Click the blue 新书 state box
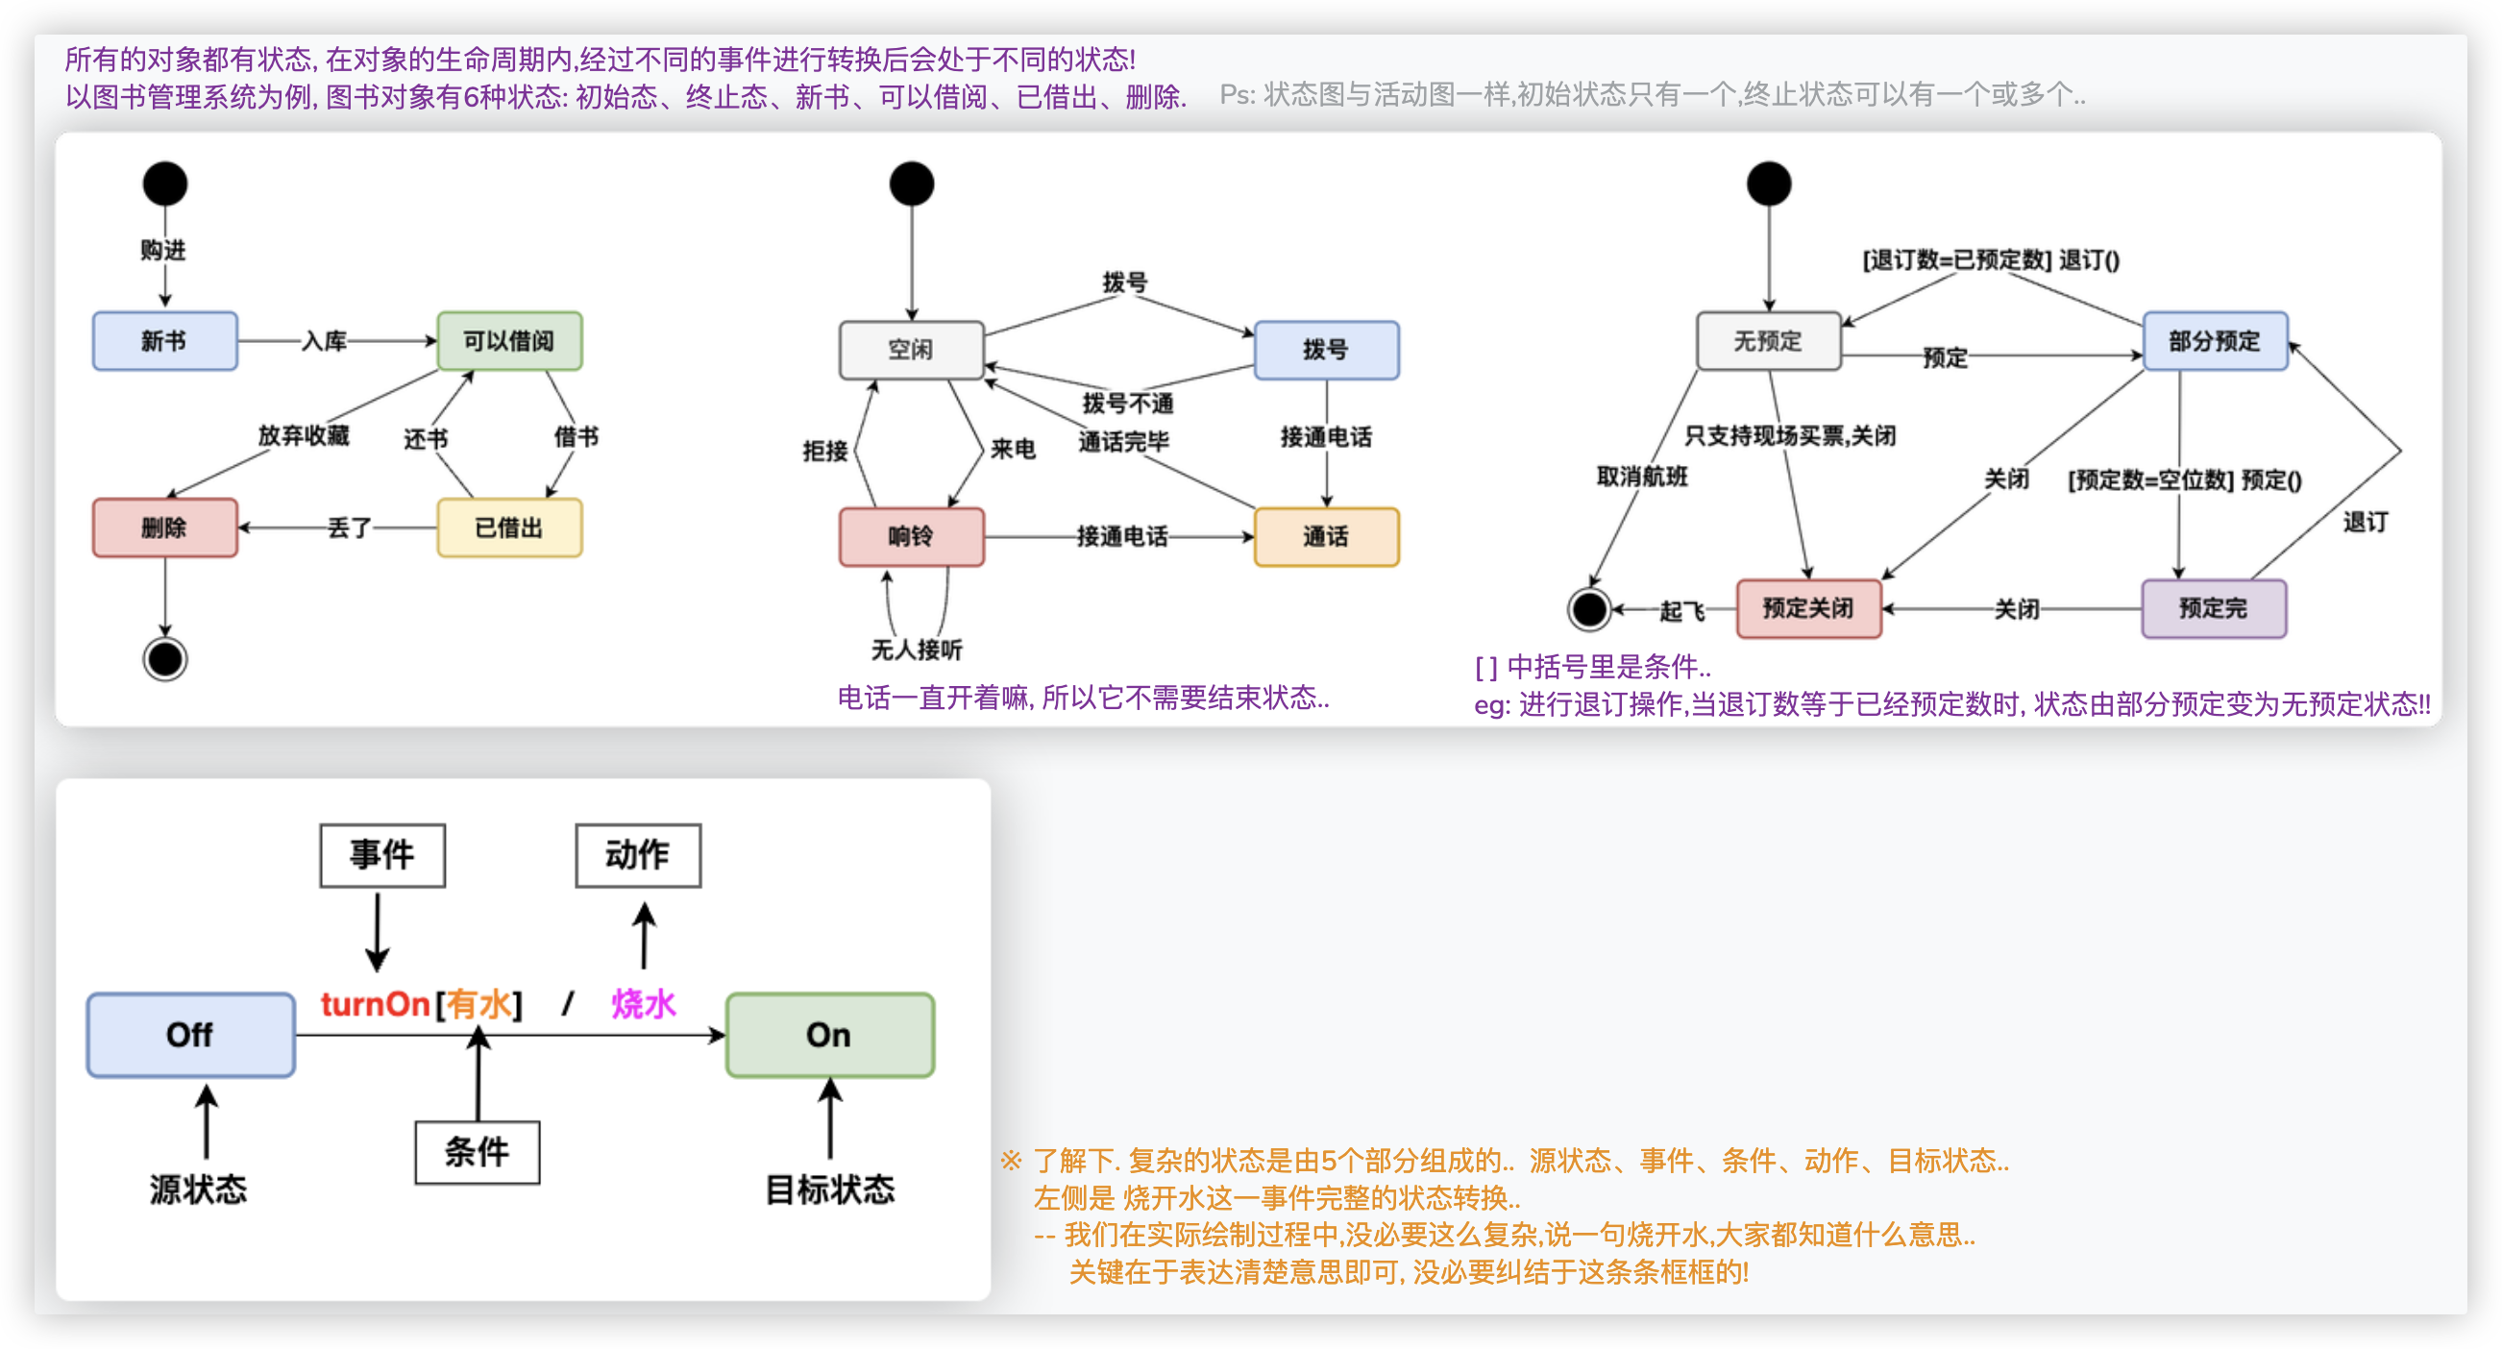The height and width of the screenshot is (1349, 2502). pyautogui.click(x=164, y=341)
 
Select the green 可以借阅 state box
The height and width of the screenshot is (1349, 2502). pyautogui.click(x=509, y=341)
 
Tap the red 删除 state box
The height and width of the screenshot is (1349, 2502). pyautogui.click(x=164, y=527)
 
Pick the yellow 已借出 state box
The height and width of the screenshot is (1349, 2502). pyautogui.click(x=509, y=527)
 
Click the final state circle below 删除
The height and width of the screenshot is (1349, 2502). pyautogui.click(x=165, y=659)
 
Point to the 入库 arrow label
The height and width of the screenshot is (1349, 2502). pyautogui.click(x=324, y=341)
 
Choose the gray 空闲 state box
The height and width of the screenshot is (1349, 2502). pyautogui.click(x=911, y=350)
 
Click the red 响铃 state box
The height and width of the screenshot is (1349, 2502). pyautogui.click(x=911, y=536)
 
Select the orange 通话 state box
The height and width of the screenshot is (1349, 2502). pyautogui.click(x=1326, y=536)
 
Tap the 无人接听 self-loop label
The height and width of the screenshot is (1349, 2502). pyautogui.click(x=916, y=649)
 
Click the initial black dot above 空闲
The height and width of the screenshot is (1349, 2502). pyautogui.click(x=911, y=184)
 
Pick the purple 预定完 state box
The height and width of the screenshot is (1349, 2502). pyautogui.click(x=2213, y=609)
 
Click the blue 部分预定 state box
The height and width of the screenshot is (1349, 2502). pyautogui.click(x=2214, y=341)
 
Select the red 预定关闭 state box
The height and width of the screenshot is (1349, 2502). pyautogui.click(x=1807, y=609)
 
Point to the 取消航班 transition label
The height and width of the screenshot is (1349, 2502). pyautogui.click(x=1641, y=476)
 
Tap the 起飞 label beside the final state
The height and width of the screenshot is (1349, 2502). pyautogui.click(x=1681, y=611)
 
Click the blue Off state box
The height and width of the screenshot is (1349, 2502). pyautogui.click(x=190, y=1035)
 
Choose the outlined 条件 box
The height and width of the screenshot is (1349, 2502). pyautogui.click(x=477, y=1152)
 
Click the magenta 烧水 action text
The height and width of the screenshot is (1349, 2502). pyautogui.click(x=643, y=1004)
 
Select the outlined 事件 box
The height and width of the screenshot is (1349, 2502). pyautogui.click(x=381, y=855)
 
